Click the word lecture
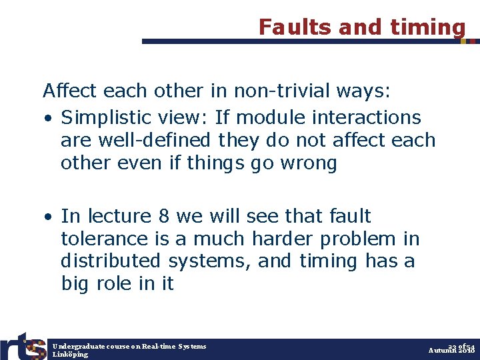point(118,216)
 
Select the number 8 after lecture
point(165,216)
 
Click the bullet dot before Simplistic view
point(48,119)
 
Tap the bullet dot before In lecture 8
point(48,217)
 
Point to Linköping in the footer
point(70,355)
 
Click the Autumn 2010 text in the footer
point(451,351)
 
